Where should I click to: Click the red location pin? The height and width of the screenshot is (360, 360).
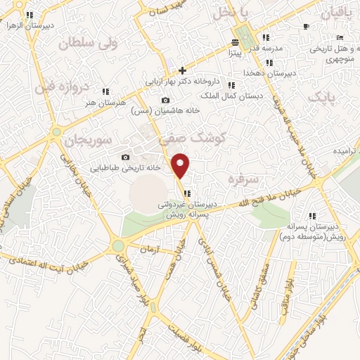[x=181, y=165]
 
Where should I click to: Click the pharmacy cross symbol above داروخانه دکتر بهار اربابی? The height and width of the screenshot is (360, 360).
[x=182, y=70]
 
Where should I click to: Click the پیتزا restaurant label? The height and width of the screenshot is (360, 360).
[x=233, y=51]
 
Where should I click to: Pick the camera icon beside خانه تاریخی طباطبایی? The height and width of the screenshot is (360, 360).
[x=125, y=157]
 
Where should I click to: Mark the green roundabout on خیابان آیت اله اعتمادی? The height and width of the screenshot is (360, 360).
[x=117, y=245]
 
